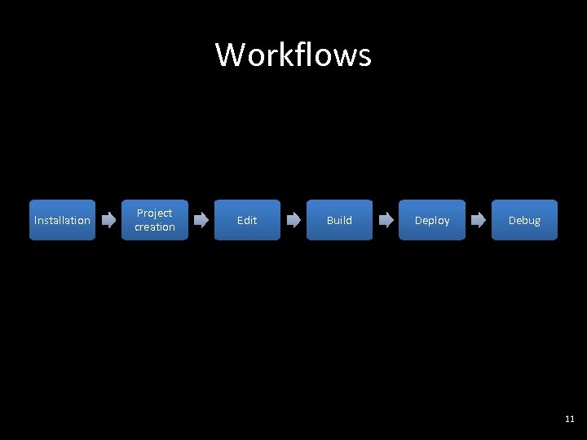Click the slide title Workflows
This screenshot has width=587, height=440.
[293, 55]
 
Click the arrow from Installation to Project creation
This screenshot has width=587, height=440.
[108, 220]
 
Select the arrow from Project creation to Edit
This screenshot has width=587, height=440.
[201, 220]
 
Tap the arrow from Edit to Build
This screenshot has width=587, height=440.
[293, 220]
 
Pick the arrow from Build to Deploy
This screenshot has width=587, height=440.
[386, 220]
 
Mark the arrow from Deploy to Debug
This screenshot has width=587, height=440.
[479, 220]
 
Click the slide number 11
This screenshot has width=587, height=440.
[569, 419]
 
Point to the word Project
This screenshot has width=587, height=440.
[155, 213]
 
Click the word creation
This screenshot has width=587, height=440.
[155, 227]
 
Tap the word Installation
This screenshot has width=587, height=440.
[62, 220]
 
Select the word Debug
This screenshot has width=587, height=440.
[524, 220]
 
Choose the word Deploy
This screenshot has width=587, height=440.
[432, 220]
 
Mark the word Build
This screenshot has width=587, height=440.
[339, 220]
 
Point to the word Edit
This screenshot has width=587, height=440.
[247, 220]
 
